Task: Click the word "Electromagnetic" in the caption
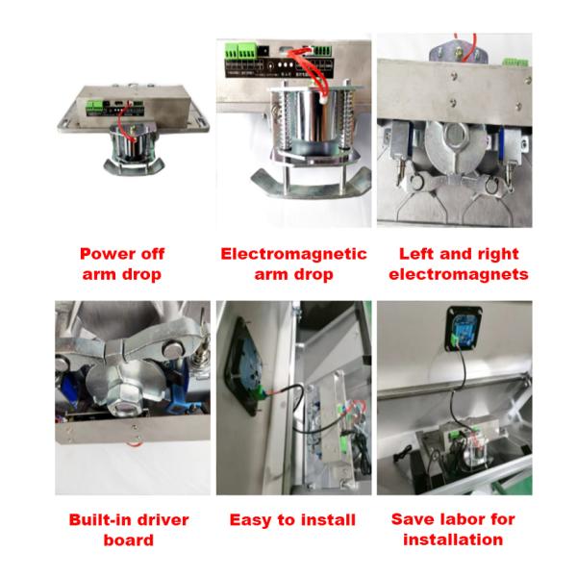293,254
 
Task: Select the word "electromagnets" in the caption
459,274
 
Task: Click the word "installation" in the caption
453,539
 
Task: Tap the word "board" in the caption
129,540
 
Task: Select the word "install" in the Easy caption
328,520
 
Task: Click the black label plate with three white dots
280,67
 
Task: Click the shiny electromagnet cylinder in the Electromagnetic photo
311,117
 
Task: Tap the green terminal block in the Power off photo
95,108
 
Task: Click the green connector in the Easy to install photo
262,394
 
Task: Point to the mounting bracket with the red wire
459,52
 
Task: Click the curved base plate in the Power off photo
134,167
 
